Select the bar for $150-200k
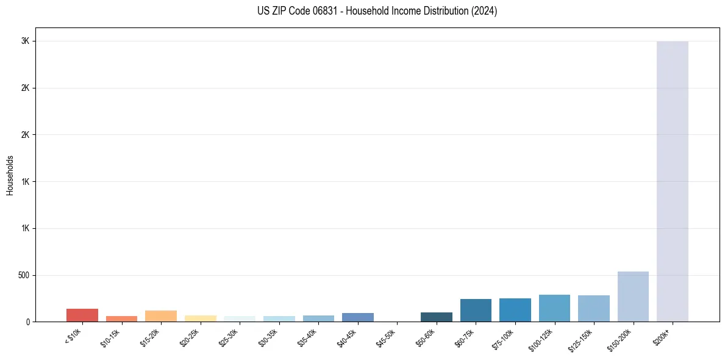click(x=633, y=297)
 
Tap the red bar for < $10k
click(x=82, y=315)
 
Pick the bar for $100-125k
click(x=554, y=308)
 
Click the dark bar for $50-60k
click(x=437, y=317)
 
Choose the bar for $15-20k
click(x=161, y=316)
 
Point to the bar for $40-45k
click(x=358, y=317)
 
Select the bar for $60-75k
click(x=476, y=310)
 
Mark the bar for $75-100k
click(x=515, y=310)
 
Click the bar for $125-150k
click(x=594, y=308)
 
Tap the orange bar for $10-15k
click(x=121, y=319)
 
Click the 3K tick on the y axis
click(x=25, y=41)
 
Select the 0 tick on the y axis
click(x=27, y=322)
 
